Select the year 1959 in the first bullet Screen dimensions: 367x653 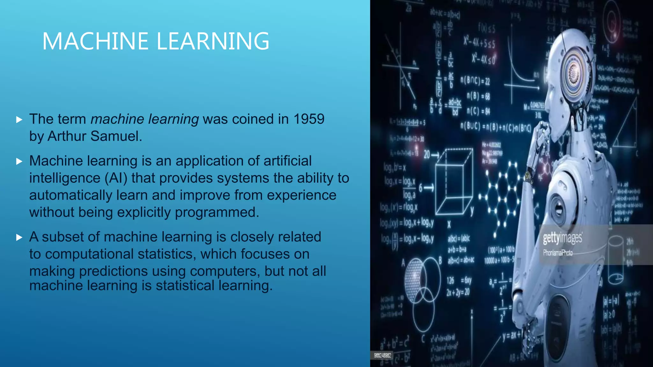309,119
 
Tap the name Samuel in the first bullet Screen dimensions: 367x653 116,136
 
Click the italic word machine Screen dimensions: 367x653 117,119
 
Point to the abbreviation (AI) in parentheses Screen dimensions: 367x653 116,178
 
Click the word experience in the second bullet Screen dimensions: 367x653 301,195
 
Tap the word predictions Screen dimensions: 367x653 113,271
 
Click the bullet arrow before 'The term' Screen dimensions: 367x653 19,120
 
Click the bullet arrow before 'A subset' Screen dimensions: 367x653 19,237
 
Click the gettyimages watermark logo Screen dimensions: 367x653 562,238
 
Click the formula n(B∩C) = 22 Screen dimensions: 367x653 475,81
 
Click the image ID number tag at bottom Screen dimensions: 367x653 382,355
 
